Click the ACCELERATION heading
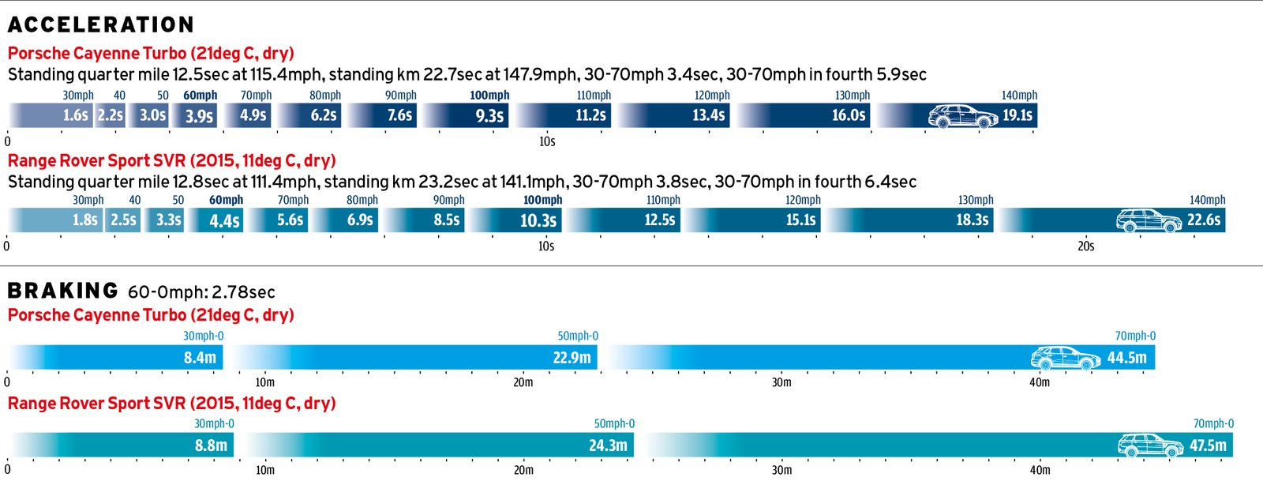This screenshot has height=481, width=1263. tap(100, 25)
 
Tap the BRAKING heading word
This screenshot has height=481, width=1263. tap(62, 291)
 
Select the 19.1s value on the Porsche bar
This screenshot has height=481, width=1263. tap(1018, 115)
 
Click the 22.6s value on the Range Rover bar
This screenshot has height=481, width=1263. tap(1204, 220)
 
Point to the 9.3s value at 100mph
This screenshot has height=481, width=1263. tap(489, 116)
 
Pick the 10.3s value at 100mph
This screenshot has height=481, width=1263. tap(538, 221)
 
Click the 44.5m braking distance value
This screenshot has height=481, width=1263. tap(1126, 358)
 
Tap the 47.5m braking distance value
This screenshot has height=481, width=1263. tap(1208, 445)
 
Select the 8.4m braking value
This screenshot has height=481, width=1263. tap(200, 358)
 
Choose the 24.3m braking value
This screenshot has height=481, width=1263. tap(608, 445)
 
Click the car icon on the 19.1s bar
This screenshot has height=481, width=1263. tap(962, 117)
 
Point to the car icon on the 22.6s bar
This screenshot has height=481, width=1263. tap(1149, 220)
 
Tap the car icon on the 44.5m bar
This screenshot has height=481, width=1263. tap(1065, 358)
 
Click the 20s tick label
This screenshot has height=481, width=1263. tap(1086, 246)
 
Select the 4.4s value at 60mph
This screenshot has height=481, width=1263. tap(224, 221)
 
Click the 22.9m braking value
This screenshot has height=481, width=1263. tap(572, 358)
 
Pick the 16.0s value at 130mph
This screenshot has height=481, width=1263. tap(849, 115)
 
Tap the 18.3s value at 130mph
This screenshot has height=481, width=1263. tap(973, 220)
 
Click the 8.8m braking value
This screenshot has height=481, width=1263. tap(211, 445)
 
